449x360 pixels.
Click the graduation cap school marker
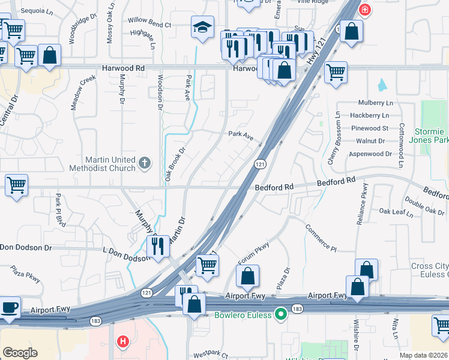[x=203, y=27]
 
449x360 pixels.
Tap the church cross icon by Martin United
[x=144, y=162]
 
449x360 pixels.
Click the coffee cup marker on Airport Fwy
[x=9, y=307]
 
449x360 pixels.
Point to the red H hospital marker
[x=123, y=342]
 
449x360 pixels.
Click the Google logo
[x=20, y=352]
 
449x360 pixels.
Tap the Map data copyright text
[x=424, y=355]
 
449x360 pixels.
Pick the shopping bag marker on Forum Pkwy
[x=247, y=276]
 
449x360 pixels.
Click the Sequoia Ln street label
[x=37, y=11]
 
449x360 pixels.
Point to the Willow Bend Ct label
[x=149, y=25]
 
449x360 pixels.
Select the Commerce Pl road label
[x=321, y=237]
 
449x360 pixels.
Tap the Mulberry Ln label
[x=375, y=103]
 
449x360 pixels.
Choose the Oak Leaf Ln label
[x=397, y=212]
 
